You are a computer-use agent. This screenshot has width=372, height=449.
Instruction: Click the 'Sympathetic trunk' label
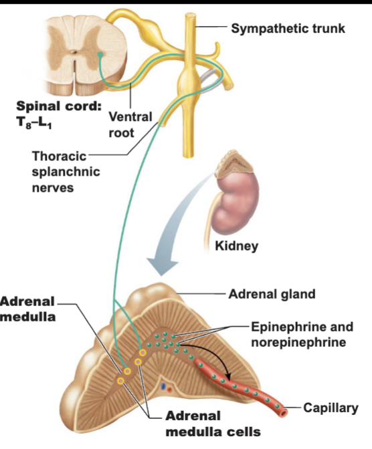tap(288, 29)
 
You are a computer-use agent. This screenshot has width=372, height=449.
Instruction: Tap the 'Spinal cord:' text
tap(59, 106)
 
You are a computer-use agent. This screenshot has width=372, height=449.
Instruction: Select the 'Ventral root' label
tap(130, 125)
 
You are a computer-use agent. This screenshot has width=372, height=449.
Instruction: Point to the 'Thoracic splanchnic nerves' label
tap(66, 172)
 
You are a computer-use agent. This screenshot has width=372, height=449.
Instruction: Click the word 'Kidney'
tap(237, 246)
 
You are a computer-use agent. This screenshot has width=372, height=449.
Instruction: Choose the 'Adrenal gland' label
tap(272, 294)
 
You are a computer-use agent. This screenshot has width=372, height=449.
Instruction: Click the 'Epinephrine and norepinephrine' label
tap(302, 335)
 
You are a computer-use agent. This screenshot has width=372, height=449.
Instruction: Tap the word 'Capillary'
tap(331, 408)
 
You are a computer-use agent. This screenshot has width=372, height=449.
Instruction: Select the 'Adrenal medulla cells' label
tap(213, 424)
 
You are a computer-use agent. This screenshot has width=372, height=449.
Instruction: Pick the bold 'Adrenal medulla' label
tap(28, 309)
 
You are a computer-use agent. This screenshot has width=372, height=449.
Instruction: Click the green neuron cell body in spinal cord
tap(100, 54)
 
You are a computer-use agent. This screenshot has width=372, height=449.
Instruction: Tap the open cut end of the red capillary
tap(284, 413)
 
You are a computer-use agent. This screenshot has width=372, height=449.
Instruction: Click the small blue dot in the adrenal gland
tap(163, 387)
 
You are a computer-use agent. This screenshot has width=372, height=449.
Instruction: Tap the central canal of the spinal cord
tap(74, 52)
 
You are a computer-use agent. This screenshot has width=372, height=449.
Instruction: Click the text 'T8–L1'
tap(34, 123)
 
